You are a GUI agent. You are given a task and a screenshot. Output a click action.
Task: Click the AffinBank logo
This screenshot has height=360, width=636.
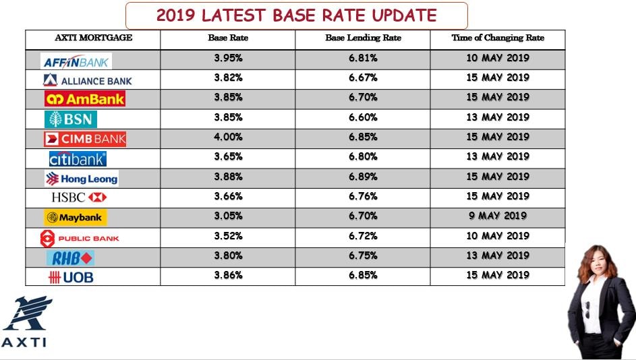(x=76, y=61)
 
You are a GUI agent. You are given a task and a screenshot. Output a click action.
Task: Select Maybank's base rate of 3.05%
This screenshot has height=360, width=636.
(x=229, y=216)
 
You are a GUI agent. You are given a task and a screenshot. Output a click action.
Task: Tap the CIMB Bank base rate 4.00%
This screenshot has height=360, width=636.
(x=229, y=137)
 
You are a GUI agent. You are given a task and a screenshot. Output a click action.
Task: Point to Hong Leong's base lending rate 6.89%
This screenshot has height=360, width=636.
(x=363, y=177)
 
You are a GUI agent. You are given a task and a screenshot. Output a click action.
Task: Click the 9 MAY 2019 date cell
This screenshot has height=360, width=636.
(x=498, y=216)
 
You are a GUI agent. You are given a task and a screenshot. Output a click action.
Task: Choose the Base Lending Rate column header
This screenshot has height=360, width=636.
(x=363, y=38)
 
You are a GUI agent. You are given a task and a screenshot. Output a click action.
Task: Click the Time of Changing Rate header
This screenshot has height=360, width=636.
(x=498, y=38)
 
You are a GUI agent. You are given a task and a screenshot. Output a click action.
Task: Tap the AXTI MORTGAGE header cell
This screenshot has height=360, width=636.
(x=93, y=38)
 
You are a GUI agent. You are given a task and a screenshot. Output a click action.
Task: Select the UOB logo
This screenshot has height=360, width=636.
(x=71, y=277)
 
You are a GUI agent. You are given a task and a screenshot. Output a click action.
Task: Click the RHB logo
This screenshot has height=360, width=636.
(x=70, y=258)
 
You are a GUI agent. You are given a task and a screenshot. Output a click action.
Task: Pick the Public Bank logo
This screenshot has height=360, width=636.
(x=80, y=239)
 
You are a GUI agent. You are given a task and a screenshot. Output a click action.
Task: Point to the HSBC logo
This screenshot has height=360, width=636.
(x=79, y=198)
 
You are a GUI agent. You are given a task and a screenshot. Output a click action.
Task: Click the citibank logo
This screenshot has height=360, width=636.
(x=78, y=159)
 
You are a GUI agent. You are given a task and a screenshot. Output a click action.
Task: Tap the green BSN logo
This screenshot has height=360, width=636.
(x=71, y=119)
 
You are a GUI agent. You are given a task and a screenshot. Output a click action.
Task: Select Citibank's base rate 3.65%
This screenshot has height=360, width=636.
(x=229, y=156)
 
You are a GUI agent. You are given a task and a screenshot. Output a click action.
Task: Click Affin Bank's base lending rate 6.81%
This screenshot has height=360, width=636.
(x=363, y=58)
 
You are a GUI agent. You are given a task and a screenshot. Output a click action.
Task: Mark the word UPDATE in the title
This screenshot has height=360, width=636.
(x=404, y=16)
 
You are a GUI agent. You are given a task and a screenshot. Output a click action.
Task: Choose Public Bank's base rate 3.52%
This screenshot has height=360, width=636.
(x=229, y=236)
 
